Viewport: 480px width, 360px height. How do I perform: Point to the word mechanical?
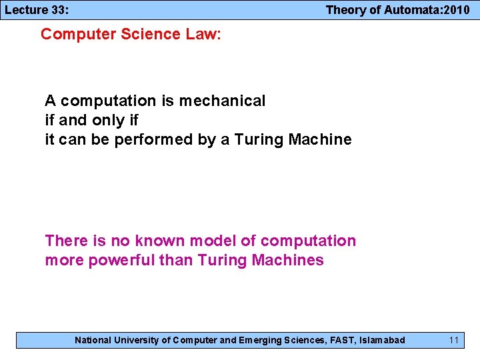coord(222,101)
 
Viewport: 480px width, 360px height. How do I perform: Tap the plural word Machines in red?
coord(288,260)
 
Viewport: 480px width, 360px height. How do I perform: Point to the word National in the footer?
coord(93,340)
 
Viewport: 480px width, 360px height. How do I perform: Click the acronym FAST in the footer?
coord(342,340)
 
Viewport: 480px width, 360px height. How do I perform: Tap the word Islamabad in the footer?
coord(382,340)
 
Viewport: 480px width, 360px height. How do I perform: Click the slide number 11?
coord(454,340)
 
